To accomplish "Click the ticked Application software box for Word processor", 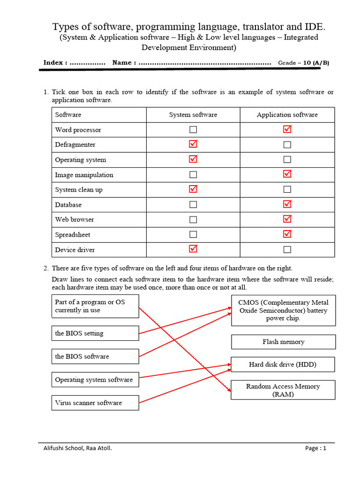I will click(x=287, y=129).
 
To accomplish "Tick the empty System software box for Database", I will click(x=193, y=205).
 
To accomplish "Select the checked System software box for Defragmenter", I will click(x=193, y=144).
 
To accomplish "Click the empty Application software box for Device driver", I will click(x=287, y=250).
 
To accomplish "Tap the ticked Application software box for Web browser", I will click(x=287, y=219).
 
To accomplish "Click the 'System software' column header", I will click(x=193, y=115).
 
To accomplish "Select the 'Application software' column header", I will click(x=287, y=115).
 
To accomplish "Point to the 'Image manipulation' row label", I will click(x=84, y=175).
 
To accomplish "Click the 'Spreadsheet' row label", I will click(x=73, y=235).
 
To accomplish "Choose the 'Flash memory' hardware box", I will click(x=283, y=342).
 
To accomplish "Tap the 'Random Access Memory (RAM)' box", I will click(x=283, y=390).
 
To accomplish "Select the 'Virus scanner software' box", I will click(x=95, y=403).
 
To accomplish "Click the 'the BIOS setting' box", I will click(x=95, y=333).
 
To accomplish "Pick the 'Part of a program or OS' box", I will click(x=95, y=306).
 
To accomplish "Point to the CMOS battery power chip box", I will click(x=283, y=310).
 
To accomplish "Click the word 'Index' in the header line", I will click(x=53, y=63).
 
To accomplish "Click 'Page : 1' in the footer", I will click(x=315, y=448).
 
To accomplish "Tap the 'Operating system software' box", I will click(x=95, y=380).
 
